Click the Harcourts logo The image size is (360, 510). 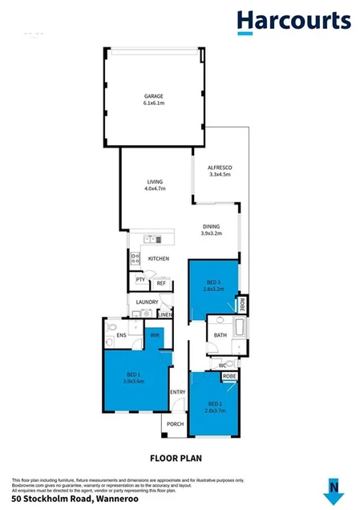click(292, 21)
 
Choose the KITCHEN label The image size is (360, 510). click(159, 258)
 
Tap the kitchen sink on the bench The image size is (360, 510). click(152, 239)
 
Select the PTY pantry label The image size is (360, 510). click(140, 280)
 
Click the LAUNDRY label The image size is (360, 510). click(147, 302)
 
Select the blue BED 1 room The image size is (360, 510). click(134, 377)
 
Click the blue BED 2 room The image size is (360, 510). click(214, 405)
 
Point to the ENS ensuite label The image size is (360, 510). click(121, 335)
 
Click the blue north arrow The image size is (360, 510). click(334, 487)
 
